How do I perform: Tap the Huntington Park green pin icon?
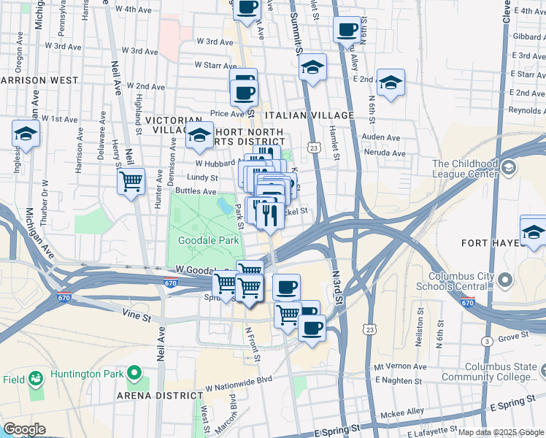pyautogui.click(x=134, y=374)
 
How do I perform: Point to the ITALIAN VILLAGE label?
pyautogui.click(x=309, y=115)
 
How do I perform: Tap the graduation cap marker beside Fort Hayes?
pyautogui.click(x=534, y=231)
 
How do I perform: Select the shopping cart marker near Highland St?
pyautogui.click(x=131, y=180)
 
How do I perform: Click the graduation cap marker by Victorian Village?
pyautogui.click(x=199, y=134)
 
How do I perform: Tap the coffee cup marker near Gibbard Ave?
pyautogui.click(x=347, y=30)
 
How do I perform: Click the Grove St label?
pyautogui.click(x=513, y=337)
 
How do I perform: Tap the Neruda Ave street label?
pyautogui.click(x=389, y=154)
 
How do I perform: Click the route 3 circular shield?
pyautogui.click(x=486, y=341)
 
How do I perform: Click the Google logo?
pyautogui.click(x=24, y=429)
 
